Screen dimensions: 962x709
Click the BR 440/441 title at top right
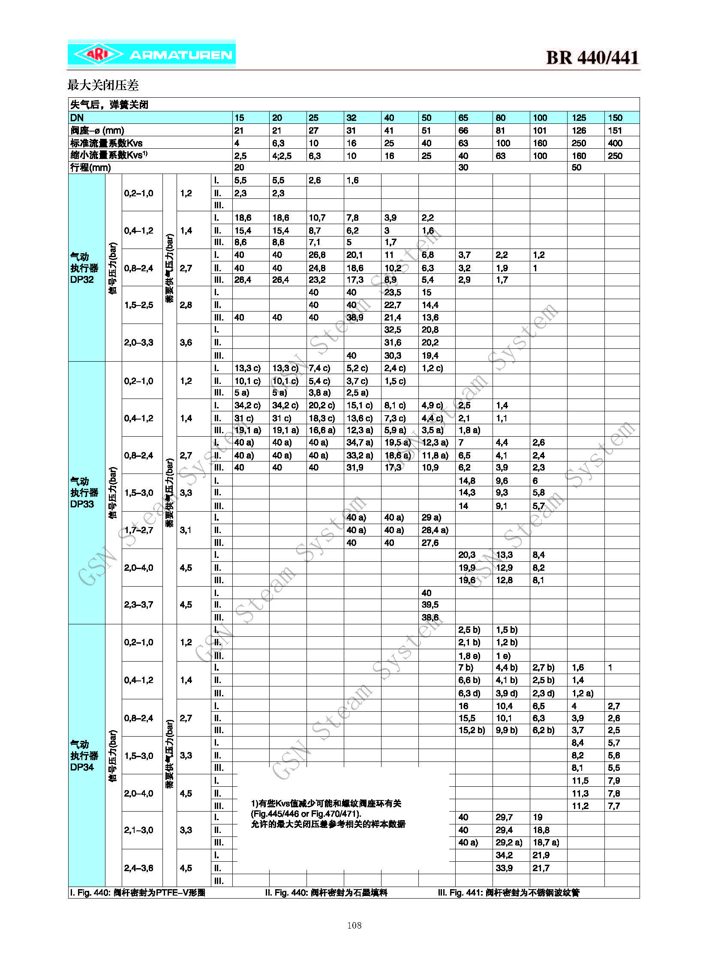[x=592, y=58]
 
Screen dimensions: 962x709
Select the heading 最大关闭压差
[x=103, y=85]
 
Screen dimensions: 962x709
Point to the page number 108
[x=354, y=925]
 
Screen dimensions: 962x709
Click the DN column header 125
[x=579, y=117]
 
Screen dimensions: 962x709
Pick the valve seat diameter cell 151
[x=615, y=130]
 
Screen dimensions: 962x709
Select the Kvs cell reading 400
[x=615, y=143]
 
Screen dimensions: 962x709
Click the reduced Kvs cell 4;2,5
[x=282, y=156]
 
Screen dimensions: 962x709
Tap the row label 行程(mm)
[x=90, y=168]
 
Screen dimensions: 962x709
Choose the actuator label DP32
[x=82, y=279]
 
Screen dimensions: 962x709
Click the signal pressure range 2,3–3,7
[x=138, y=605]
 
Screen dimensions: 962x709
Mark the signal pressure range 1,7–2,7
[x=138, y=530]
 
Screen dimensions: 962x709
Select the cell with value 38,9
[x=354, y=318]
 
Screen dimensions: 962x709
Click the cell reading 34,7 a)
[x=360, y=442]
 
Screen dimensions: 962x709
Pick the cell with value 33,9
[x=504, y=868]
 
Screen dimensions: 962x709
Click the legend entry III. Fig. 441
[x=508, y=893]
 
